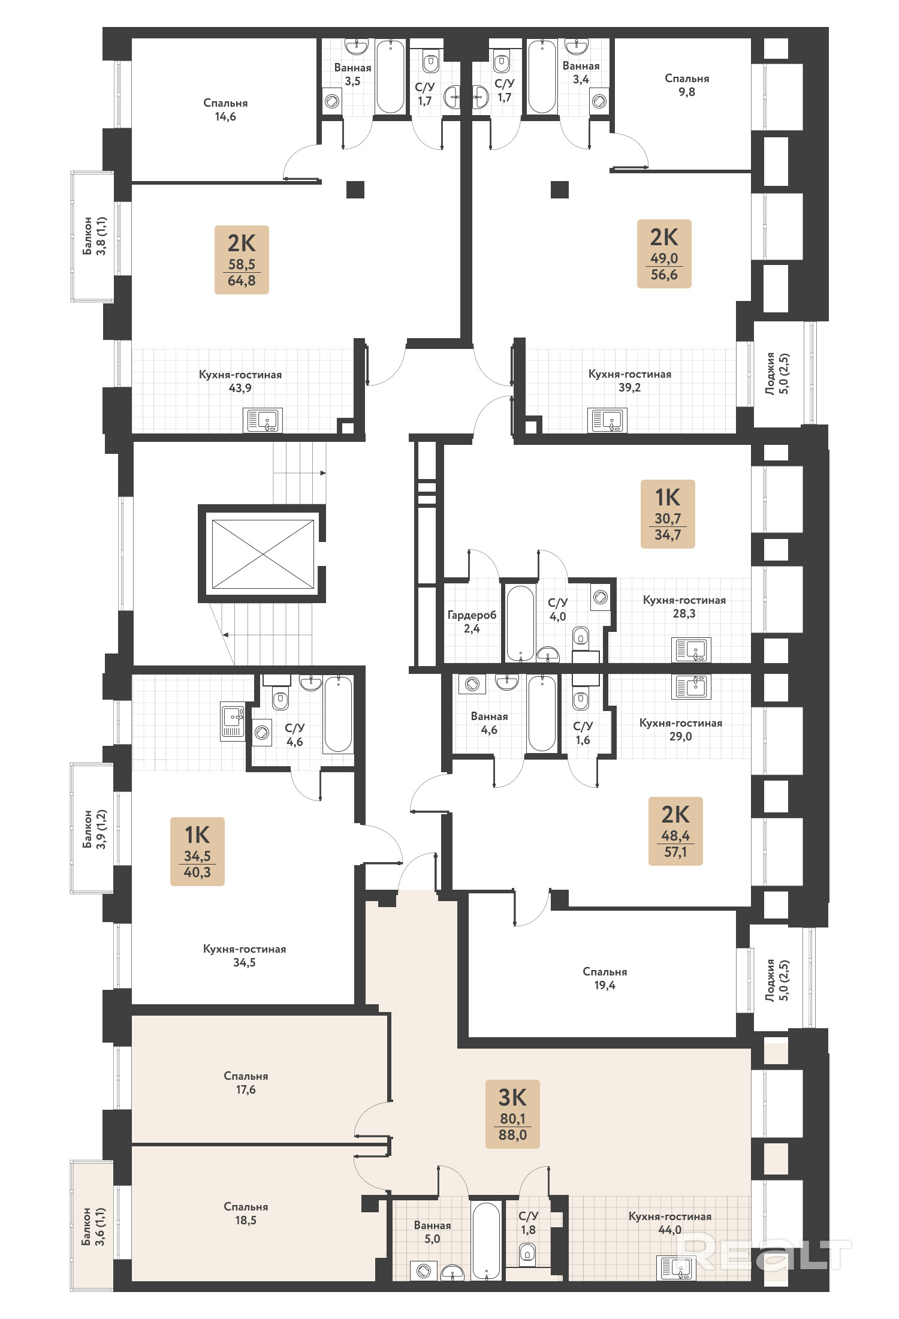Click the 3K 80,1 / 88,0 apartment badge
pos(512,1114)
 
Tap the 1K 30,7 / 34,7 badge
pos(668,514)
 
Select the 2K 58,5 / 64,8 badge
pos(242,260)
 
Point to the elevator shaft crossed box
pos(263,553)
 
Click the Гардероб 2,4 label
pos(472,621)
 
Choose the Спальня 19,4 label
pos(605,978)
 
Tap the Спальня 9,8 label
pos(687,85)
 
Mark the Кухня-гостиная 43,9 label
pos(240,381)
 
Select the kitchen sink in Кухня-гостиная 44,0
pos(676,1267)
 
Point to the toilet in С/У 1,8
pos(527,1252)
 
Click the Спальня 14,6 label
pos(225,109)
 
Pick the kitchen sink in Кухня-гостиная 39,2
pos(607,420)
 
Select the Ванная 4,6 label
pos(489,722)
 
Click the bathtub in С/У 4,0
pos(520,624)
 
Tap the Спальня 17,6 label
pos(246,1082)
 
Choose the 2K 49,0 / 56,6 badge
pos(664,254)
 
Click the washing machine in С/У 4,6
pos(262,732)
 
